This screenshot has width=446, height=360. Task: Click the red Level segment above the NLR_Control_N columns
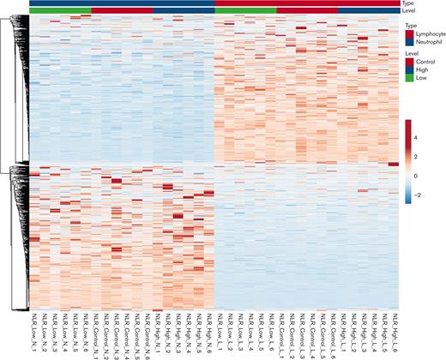[122, 10]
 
